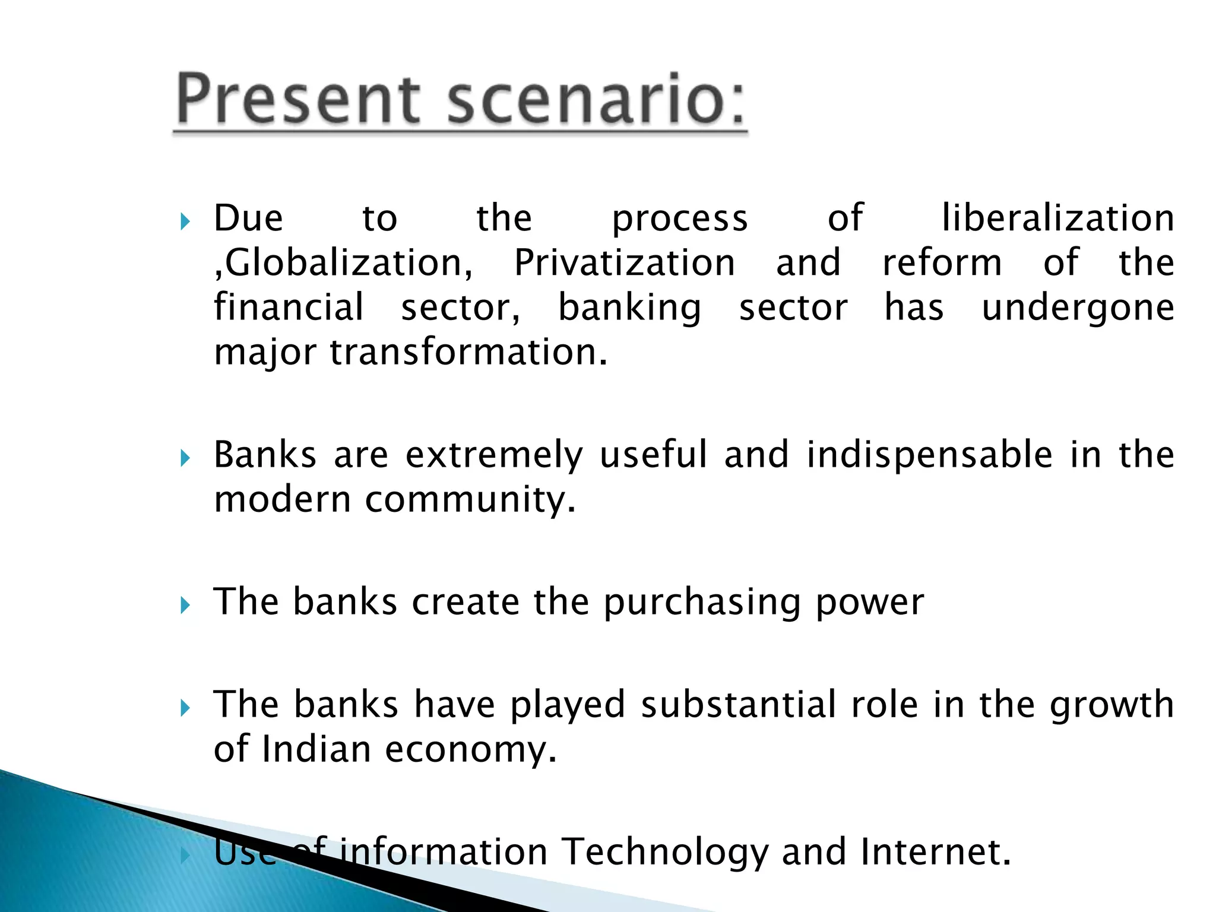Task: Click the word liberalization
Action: pyautogui.click(x=1058, y=218)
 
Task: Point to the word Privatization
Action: pyautogui.click(x=624, y=263)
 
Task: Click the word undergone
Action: pyautogui.click(x=1078, y=308)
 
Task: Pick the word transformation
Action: pyautogui.click(x=469, y=352)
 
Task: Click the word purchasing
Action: pyautogui.click(x=702, y=602)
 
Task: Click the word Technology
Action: pyautogui.click(x=664, y=852)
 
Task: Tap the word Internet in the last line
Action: pyautogui.click(x=935, y=852)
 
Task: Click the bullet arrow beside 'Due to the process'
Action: pyautogui.click(x=185, y=223)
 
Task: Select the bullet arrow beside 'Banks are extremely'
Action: pyautogui.click(x=185, y=458)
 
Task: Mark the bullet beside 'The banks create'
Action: pyautogui.click(x=185, y=606)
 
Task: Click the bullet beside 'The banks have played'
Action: pyautogui.click(x=185, y=708)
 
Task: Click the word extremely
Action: pyautogui.click(x=495, y=456)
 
